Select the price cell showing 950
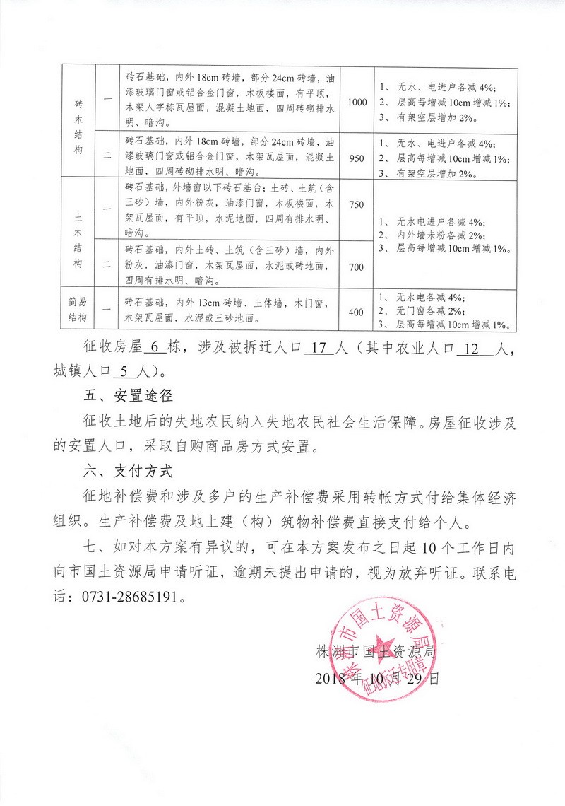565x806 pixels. coord(357,158)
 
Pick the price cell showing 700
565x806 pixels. coord(357,266)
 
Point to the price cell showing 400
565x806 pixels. coord(357,312)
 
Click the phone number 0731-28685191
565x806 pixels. coord(128,596)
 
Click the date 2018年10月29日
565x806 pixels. coord(377,678)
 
